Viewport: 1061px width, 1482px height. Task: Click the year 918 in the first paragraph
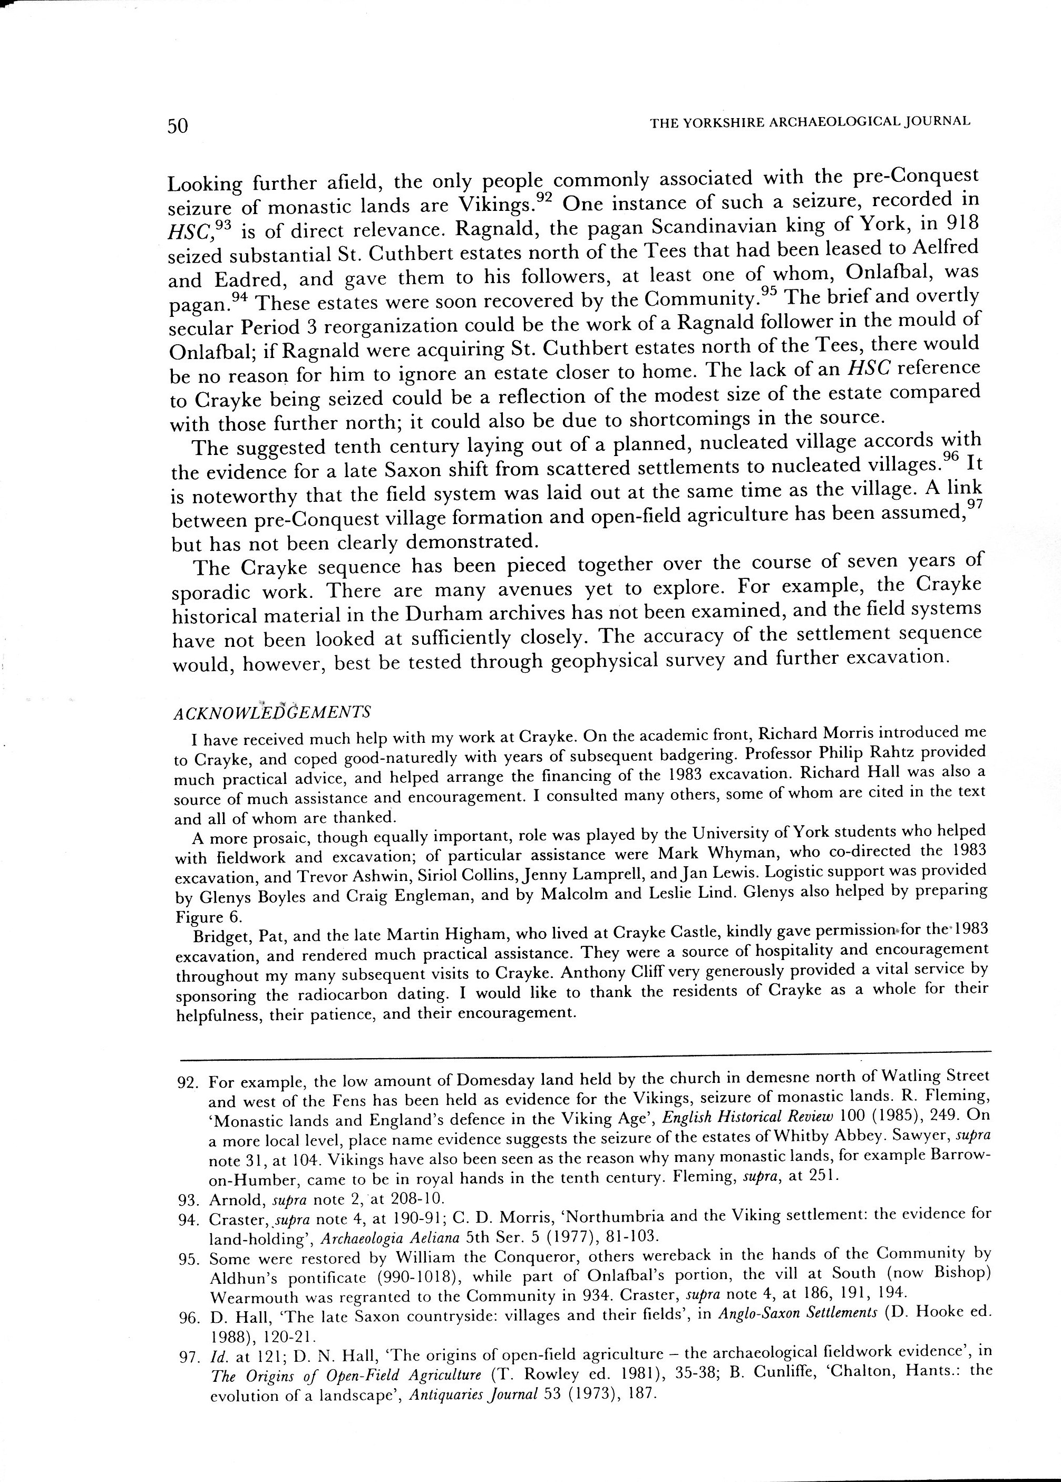click(960, 223)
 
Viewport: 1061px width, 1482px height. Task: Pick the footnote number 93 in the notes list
click(188, 1200)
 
